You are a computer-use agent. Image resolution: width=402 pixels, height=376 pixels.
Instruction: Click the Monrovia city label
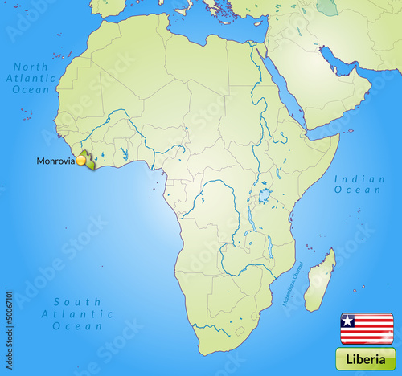click(x=55, y=161)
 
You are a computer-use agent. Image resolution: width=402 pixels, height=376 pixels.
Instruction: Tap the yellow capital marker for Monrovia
click(x=81, y=161)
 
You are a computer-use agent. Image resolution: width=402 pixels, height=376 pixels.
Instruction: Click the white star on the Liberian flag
click(x=347, y=321)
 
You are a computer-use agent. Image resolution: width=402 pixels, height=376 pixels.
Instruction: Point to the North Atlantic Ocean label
click(x=31, y=78)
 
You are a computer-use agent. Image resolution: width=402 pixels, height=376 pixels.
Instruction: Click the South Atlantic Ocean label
click(x=77, y=314)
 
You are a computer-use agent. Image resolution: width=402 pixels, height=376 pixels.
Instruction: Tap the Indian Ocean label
click(x=359, y=184)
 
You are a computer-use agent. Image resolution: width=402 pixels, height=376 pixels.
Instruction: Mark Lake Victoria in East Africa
click(x=264, y=195)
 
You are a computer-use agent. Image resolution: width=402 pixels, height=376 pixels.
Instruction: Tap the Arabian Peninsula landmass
click(x=322, y=92)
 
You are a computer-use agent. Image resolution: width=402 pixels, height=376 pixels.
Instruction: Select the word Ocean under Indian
click(x=359, y=190)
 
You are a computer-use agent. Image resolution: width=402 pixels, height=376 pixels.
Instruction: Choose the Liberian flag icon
click(x=367, y=328)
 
